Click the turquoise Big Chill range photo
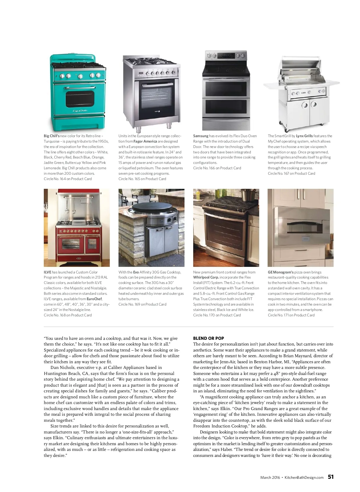(x=77, y=92)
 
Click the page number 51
(x=331, y=477)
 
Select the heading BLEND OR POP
(x=208, y=338)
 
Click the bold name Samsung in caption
(x=201, y=136)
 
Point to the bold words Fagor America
(x=145, y=141)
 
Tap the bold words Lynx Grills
(x=304, y=136)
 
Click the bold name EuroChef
(x=94, y=299)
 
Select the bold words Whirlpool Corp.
(x=206, y=277)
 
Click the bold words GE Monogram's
(x=280, y=272)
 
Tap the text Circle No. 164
(x=55, y=179)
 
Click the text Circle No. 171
(x=279, y=315)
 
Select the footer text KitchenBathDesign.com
(x=304, y=478)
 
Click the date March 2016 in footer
(x=270, y=478)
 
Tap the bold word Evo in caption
(x=136, y=272)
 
